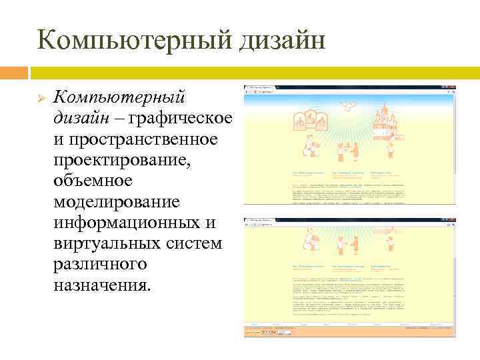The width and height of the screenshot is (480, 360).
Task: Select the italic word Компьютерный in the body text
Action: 119,98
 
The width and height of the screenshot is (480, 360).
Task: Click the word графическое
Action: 180,119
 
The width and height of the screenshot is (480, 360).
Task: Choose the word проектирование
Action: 123,160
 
